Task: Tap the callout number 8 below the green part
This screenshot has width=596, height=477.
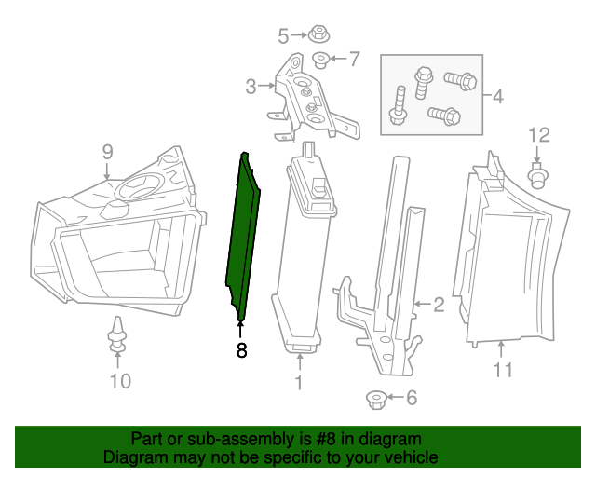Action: click(241, 351)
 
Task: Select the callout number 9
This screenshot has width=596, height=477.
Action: click(107, 150)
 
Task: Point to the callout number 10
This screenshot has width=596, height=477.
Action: click(120, 380)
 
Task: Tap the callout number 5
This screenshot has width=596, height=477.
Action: click(284, 36)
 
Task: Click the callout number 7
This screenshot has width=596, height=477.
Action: click(353, 60)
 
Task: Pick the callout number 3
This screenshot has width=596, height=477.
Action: click(251, 87)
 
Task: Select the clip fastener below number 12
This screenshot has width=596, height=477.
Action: click(537, 174)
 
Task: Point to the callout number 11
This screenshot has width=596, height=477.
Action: click(503, 370)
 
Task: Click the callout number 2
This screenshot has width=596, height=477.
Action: click(438, 304)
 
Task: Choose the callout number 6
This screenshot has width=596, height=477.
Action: click(411, 399)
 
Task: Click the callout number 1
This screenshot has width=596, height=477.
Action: click(299, 382)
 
